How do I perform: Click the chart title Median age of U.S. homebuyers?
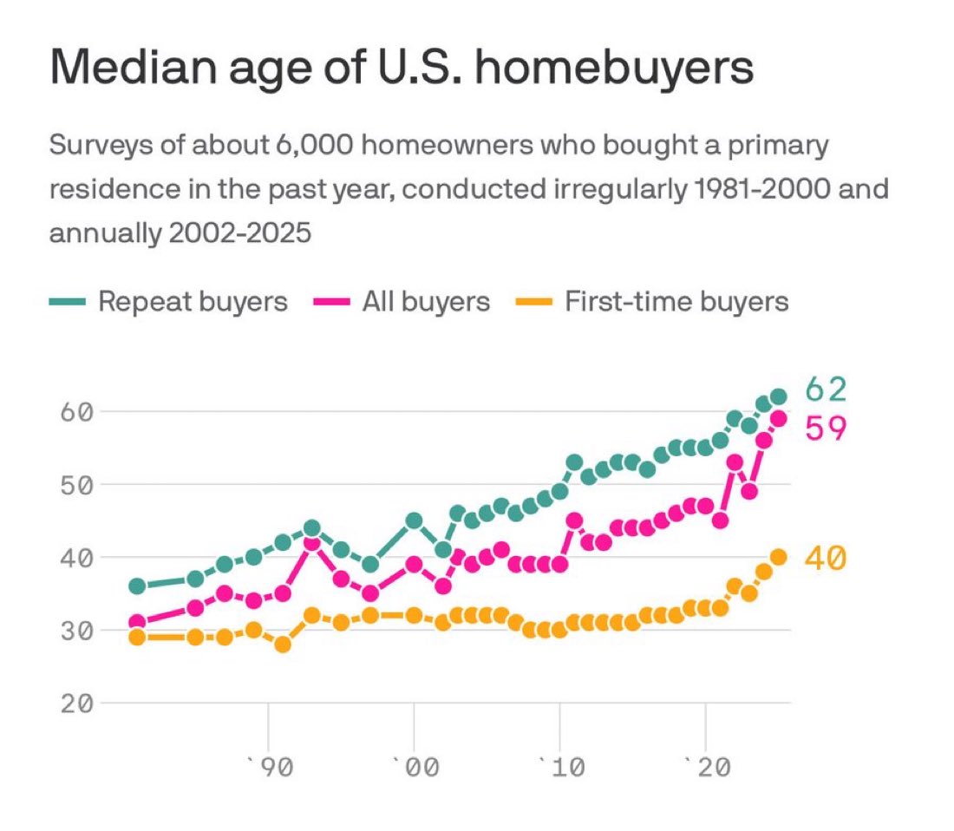(401, 69)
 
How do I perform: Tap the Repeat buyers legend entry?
(168, 302)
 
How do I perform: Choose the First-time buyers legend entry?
(653, 302)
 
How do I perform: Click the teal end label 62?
(825, 389)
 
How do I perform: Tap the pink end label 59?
(825, 428)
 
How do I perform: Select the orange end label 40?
(825, 559)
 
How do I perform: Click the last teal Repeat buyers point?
(778, 396)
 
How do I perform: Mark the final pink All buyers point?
(778, 418)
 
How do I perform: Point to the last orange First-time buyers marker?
(778, 557)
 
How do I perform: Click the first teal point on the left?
(137, 586)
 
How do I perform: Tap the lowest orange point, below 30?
(283, 645)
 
